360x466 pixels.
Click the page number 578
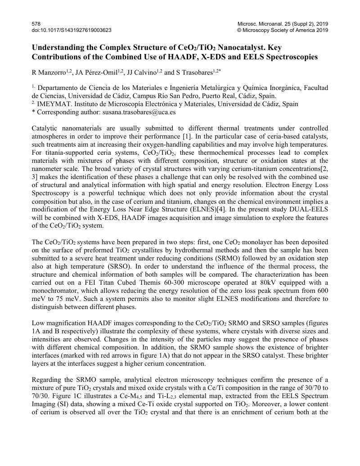36,23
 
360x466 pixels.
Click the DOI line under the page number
71,30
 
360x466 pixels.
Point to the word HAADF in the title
193,57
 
